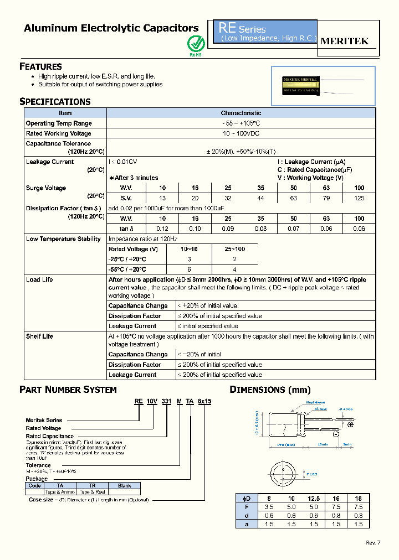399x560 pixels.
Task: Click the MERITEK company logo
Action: [x=345, y=41]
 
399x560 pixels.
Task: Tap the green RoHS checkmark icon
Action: [x=196, y=43]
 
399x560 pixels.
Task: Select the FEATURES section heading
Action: [x=40, y=66]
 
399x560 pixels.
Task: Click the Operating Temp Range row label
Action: [x=59, y=123]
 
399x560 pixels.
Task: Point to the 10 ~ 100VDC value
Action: [x=241, y=133]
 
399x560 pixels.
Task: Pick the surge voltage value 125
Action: [x=359, y=198]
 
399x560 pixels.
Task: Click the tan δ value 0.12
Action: [x=162, y=228]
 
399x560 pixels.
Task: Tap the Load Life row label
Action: [x=39, y=279]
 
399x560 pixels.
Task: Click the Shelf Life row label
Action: [x=39, y=336]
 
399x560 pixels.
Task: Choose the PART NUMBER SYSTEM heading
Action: [x=68, y=390]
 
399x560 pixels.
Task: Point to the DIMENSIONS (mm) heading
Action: [x=270, y=390]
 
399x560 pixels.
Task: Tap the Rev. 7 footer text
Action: [x=373, y=542]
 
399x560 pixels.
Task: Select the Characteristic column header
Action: [x=241, y=113]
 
